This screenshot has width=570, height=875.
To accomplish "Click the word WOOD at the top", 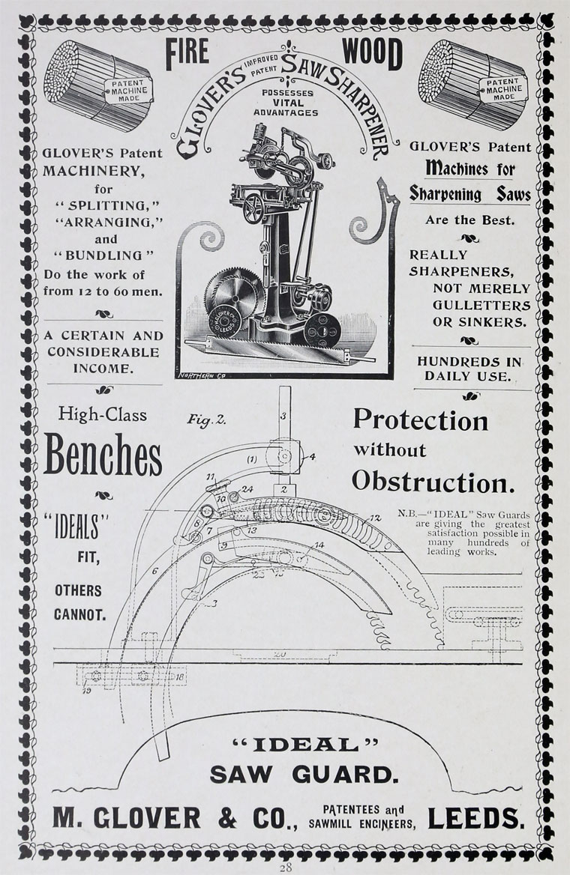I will click(372, 54).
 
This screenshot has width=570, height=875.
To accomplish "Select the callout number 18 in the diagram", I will click(181, 676).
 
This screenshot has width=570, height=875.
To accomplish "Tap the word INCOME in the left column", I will click(102, 368).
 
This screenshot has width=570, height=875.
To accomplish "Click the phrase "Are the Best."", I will click(469, 220).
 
